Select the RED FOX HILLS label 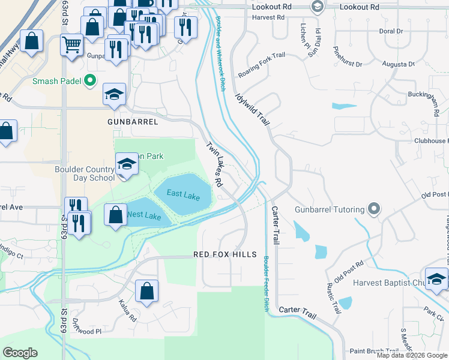tap(224, 254)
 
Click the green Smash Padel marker tap(90, 80)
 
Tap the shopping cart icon tap(71, 44)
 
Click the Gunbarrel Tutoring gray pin tap(374, 209)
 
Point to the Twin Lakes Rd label tap(215, 163)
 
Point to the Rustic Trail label tap(334, 298)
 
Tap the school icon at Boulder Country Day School tap(127, 164)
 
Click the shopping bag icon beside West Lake tap(115, 214)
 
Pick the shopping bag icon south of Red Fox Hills tap(146, 292)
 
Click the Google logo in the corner tap(20, 353)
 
